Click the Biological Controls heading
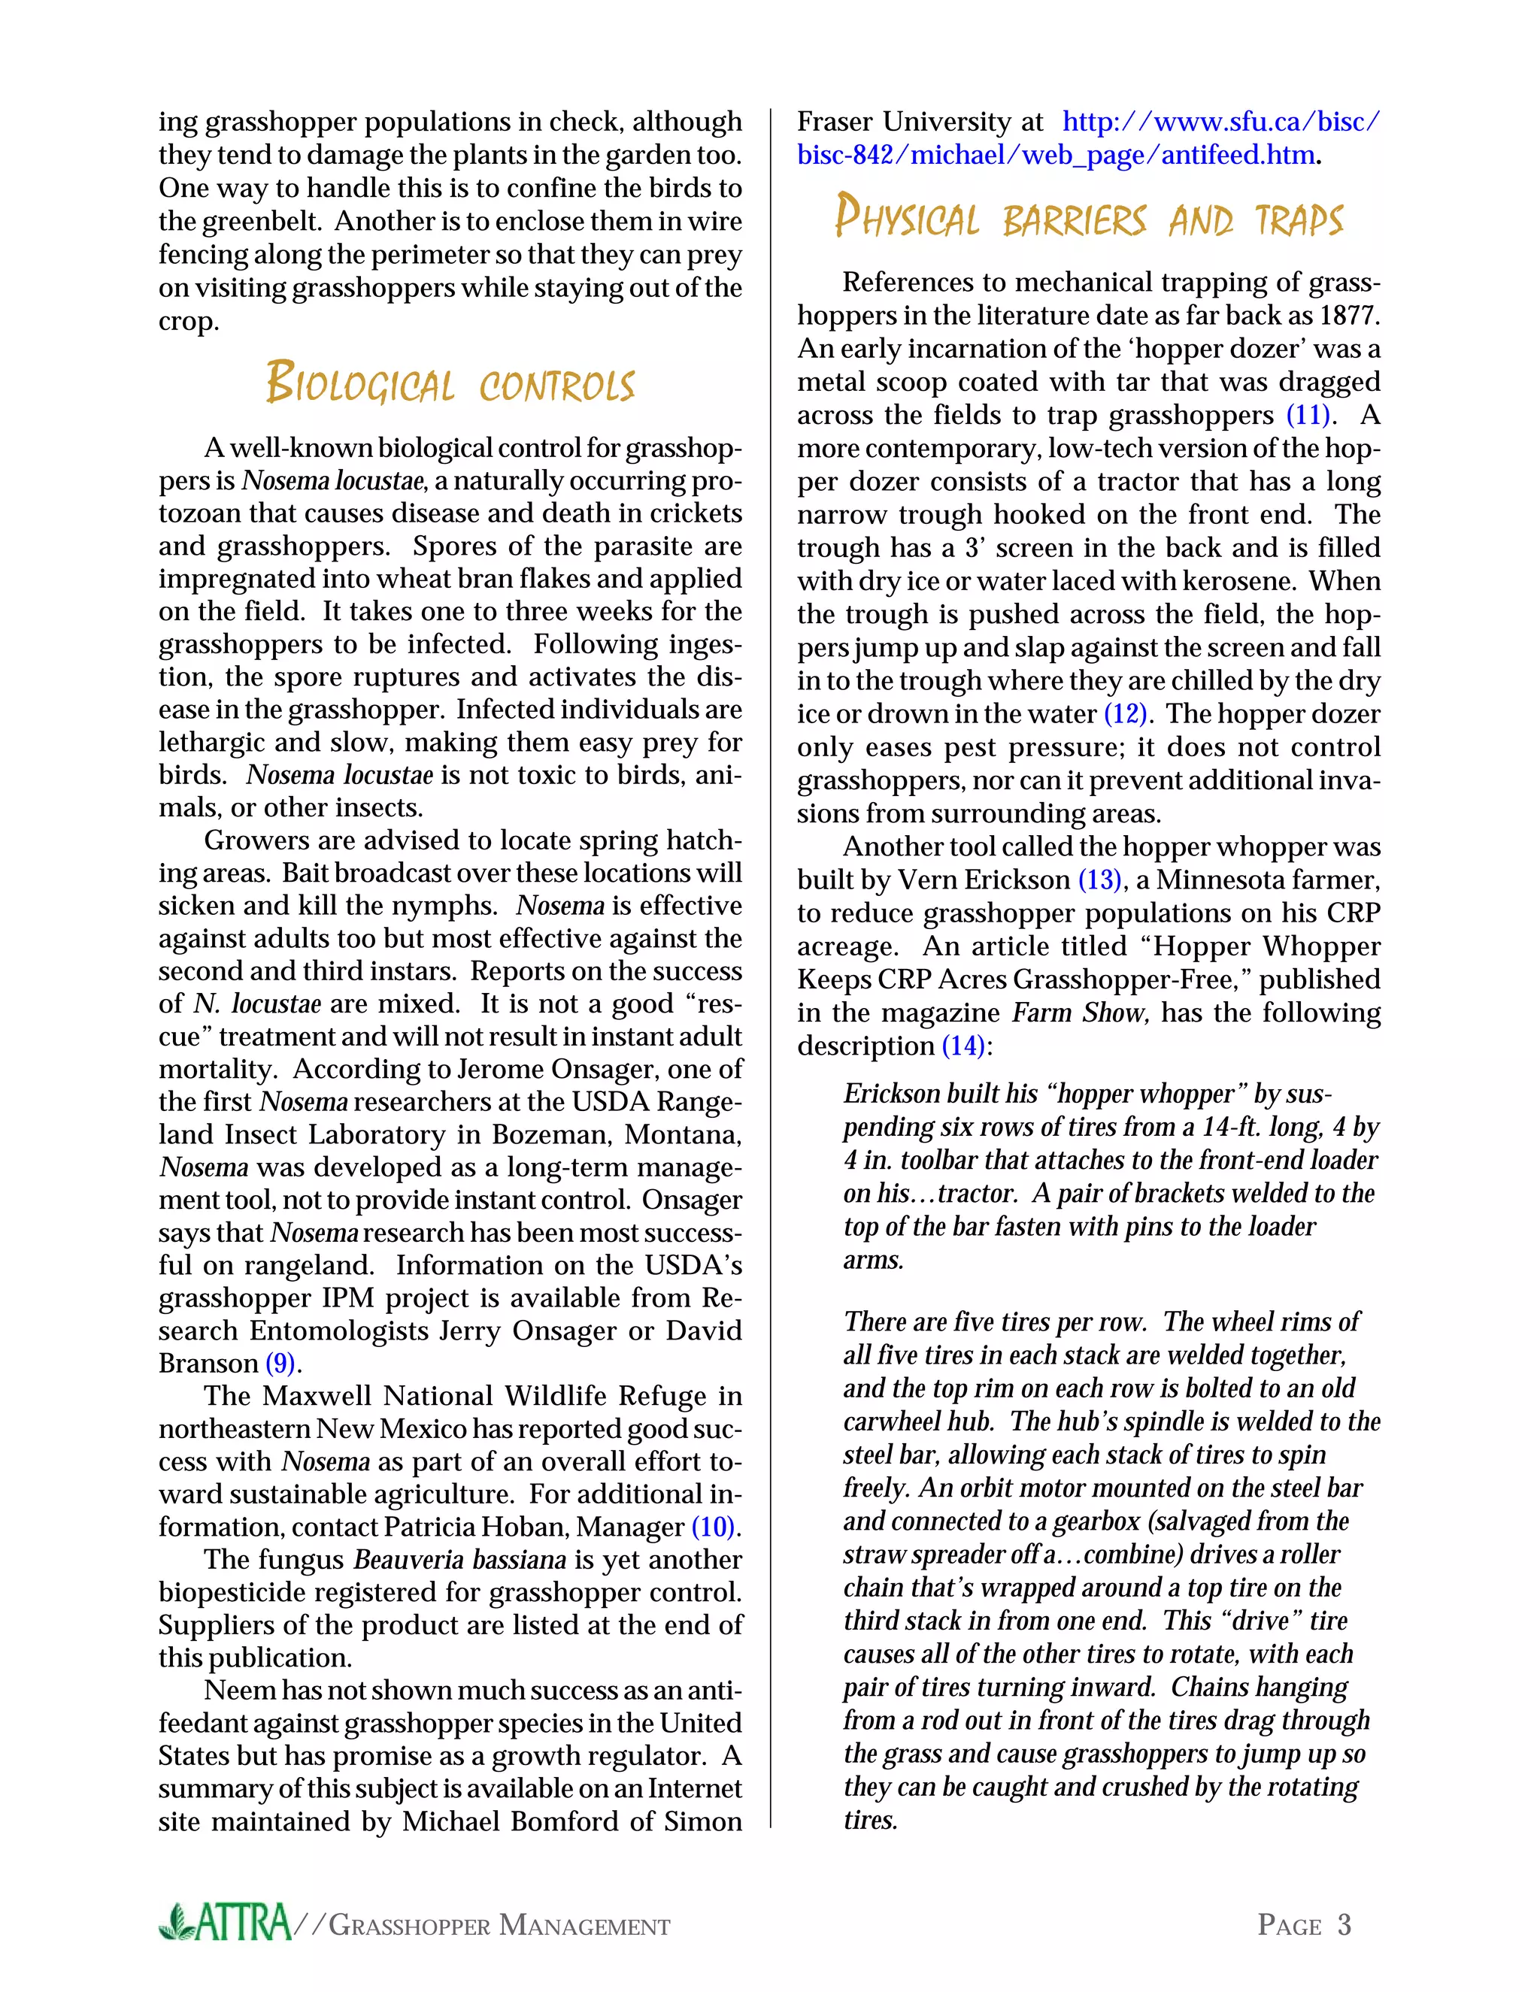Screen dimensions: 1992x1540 pyautogui.click(x=450, y=383)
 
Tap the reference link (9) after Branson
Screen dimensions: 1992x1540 pyautogui.click(x=280, y=1364)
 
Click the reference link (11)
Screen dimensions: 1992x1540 pyautogui.click(x=1308, y=415)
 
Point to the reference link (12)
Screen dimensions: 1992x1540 pyautogui.click(x=1125, y=713)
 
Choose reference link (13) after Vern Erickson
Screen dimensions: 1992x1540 pyautogui.click(x=1099, y=880)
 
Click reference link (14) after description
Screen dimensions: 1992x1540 pyautogui.click(x=963, y=1046)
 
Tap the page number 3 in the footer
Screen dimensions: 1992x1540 pyautogui.click(x=1344, y=1924)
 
